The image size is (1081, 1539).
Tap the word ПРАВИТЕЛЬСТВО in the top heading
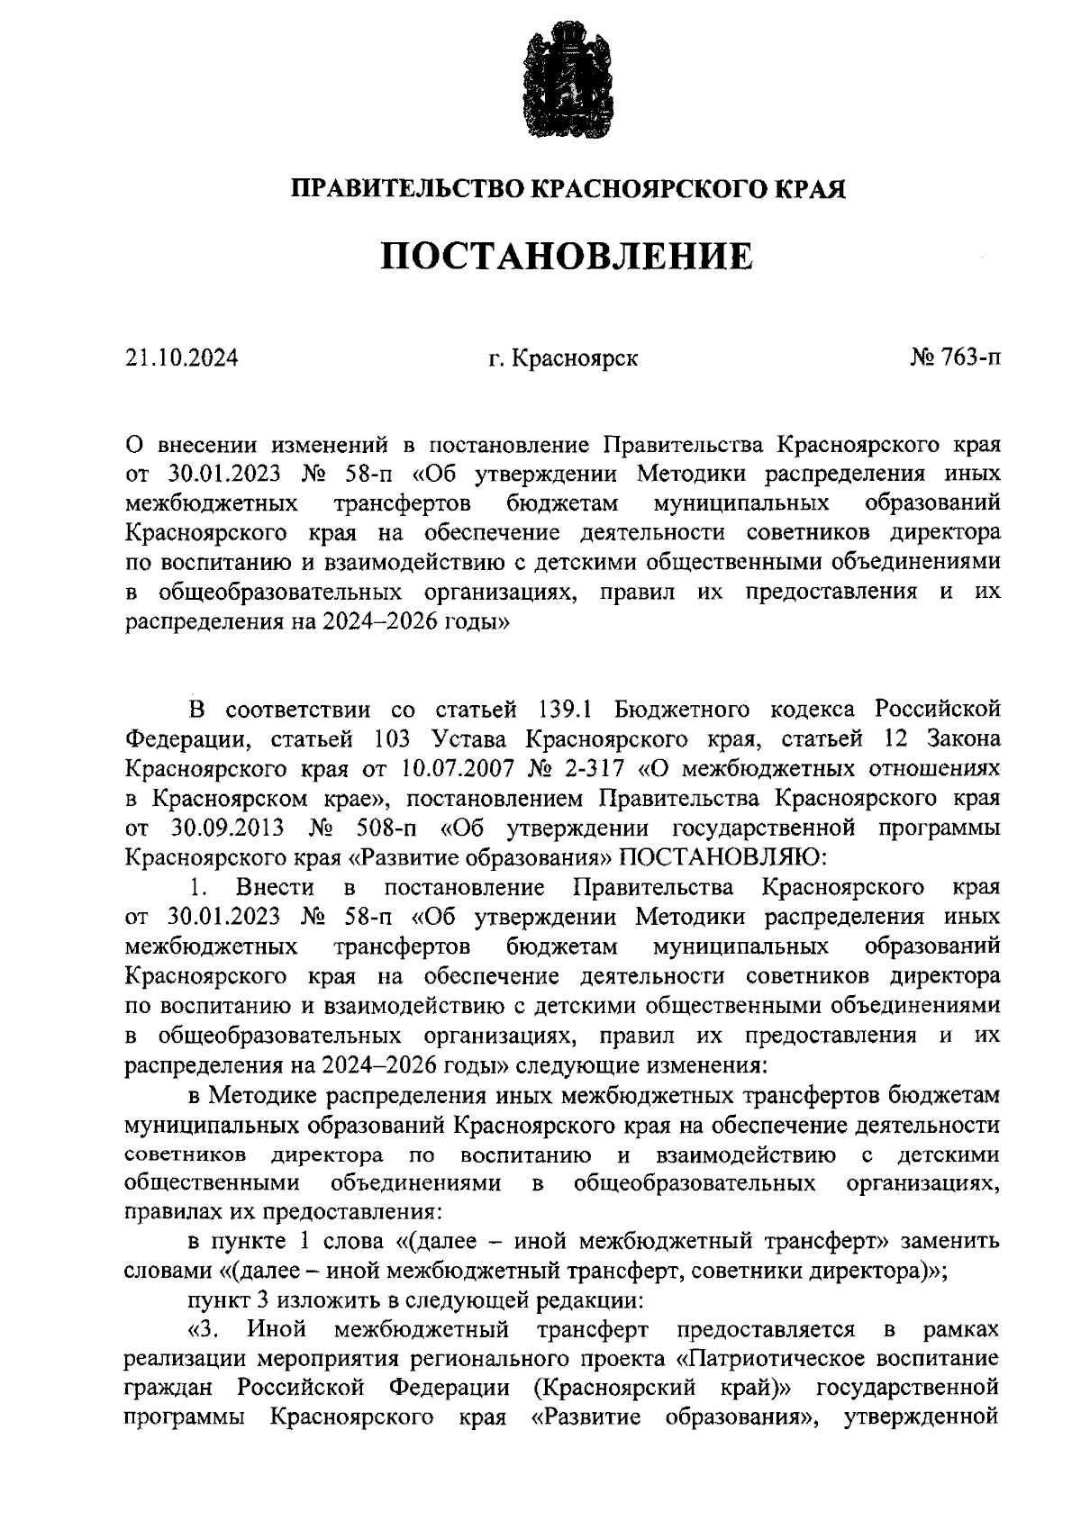point(405,189)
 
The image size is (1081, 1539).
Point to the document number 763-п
point(970,358)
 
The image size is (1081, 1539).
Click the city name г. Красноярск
point(563,358)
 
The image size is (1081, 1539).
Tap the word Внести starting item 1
point(275,887)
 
